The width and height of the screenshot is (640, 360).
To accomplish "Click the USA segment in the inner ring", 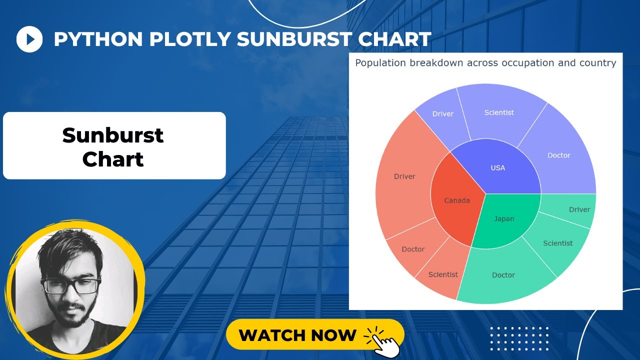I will tap(497, 167).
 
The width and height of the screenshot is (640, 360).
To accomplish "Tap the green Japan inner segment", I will tap(504, 219).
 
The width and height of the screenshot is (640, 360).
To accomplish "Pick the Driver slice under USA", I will tap(442, 114).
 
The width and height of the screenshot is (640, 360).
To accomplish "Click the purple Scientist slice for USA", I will tap(498, 112).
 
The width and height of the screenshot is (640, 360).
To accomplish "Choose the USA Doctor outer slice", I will tap(558, 155).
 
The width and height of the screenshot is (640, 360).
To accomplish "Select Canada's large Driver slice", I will tap(404, 176).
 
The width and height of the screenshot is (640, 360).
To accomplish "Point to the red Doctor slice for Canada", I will tap(413, 249).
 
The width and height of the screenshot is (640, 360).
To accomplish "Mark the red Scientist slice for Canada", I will tap(443, 274).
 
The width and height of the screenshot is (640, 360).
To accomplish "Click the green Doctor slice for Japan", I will tap(503, 275).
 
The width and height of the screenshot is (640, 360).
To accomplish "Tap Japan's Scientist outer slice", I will tap(557, 243).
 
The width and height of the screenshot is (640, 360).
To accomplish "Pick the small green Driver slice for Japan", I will tap(579, 209).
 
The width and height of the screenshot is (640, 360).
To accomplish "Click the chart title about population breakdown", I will tap(485, 63).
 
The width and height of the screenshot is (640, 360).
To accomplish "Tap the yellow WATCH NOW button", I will tap(298, 334).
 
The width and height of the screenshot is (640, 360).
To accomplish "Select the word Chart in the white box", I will tap(113, 159).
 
